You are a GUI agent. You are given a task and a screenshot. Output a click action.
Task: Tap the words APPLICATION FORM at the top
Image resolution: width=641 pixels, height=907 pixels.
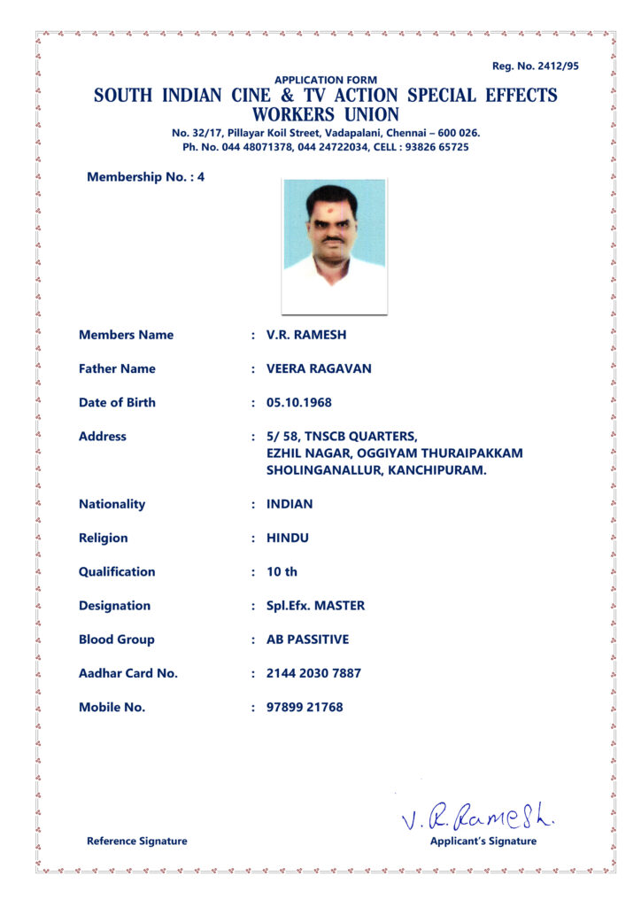tap(325, 80)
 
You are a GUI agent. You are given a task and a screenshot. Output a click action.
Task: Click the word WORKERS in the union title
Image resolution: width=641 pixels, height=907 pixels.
tap(290, 115)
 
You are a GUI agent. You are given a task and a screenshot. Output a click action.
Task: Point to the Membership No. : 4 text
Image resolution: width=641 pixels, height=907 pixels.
tap(146, 176)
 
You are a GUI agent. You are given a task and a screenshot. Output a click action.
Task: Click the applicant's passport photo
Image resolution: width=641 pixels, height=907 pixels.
tap(335, 245)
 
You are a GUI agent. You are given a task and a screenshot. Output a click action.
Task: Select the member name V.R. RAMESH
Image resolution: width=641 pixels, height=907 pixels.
tap(306, 335)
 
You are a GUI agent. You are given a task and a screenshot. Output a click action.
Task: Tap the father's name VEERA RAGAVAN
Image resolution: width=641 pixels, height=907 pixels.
tap(319, 368)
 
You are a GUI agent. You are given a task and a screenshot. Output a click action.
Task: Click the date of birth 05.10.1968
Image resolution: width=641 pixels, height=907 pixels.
tap(299, 402)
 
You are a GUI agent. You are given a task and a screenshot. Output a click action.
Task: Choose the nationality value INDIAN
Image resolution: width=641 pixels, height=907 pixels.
tap(290, 504)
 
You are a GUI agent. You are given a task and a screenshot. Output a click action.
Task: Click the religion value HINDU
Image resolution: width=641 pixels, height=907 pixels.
tap(288, 538)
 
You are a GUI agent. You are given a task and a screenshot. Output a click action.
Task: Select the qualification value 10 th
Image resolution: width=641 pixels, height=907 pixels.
tap(282, 571)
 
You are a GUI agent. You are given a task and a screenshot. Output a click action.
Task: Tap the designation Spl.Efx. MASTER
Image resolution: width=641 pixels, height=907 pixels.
tap(315, 606)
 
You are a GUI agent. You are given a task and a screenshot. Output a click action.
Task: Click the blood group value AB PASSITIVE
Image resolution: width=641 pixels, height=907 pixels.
tap(307, 640)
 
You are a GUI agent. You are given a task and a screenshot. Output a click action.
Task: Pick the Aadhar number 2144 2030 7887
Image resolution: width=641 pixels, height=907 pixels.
tap(313, 673)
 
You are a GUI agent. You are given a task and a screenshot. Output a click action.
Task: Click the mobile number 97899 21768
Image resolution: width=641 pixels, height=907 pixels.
tap(305, 707)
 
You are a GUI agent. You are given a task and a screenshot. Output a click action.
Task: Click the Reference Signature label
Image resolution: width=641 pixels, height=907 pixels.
tap(137, 841)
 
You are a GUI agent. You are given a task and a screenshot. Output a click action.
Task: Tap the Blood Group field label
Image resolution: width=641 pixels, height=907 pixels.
tap(117, 640)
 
